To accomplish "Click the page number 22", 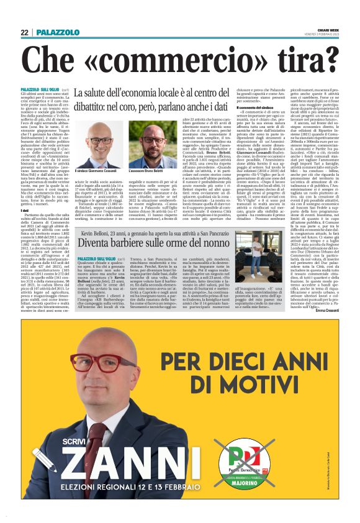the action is point(24,32).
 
